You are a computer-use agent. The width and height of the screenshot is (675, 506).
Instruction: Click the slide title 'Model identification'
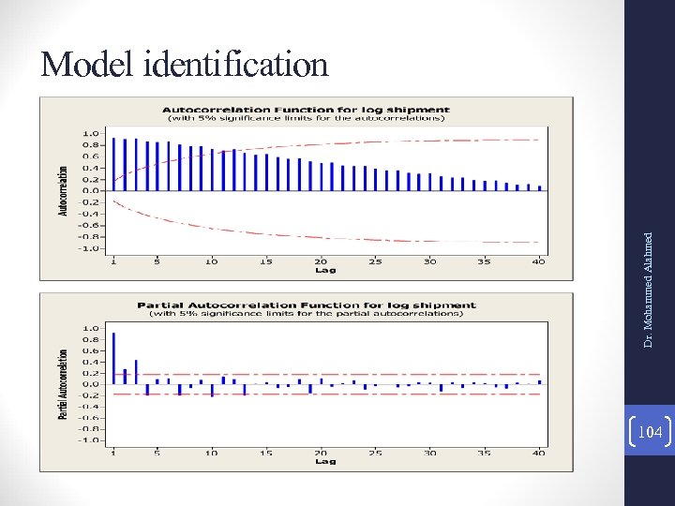185,65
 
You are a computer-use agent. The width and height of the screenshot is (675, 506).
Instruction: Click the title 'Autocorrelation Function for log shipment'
306,110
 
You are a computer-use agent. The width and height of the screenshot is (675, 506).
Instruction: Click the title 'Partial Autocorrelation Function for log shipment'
307,305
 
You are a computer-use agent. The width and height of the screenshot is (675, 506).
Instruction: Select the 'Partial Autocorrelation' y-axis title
64,384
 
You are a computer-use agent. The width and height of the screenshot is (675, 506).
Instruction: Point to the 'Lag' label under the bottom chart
324,461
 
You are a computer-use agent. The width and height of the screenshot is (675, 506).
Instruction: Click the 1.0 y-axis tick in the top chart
90,133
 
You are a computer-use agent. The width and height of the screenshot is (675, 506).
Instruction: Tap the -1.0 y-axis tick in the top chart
88,249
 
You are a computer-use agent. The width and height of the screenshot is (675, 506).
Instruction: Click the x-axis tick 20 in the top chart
322,260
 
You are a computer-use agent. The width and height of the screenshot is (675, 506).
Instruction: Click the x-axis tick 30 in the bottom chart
430,453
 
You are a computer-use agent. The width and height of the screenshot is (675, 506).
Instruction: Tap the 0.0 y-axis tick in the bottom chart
90,384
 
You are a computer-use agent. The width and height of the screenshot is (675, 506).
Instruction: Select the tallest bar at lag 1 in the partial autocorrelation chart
113,358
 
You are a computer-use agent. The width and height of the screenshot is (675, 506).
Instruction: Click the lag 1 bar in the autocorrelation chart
113,164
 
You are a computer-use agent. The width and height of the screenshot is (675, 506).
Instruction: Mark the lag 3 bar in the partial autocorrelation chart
136,372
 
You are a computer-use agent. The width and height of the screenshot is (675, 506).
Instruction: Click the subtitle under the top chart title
306,119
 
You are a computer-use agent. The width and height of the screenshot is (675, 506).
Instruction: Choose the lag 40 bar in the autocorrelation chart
539,187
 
